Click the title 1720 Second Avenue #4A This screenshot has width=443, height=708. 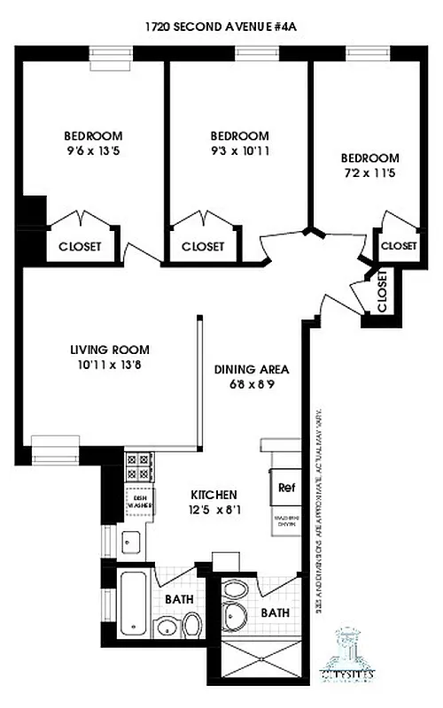tap(221, 27)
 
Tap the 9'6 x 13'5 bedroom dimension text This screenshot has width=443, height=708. tap(93, 150)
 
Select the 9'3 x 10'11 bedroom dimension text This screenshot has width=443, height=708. tap(239, 150)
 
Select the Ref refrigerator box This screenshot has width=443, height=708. tap(286, 487)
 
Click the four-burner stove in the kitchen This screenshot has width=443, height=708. tap(140, 467)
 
